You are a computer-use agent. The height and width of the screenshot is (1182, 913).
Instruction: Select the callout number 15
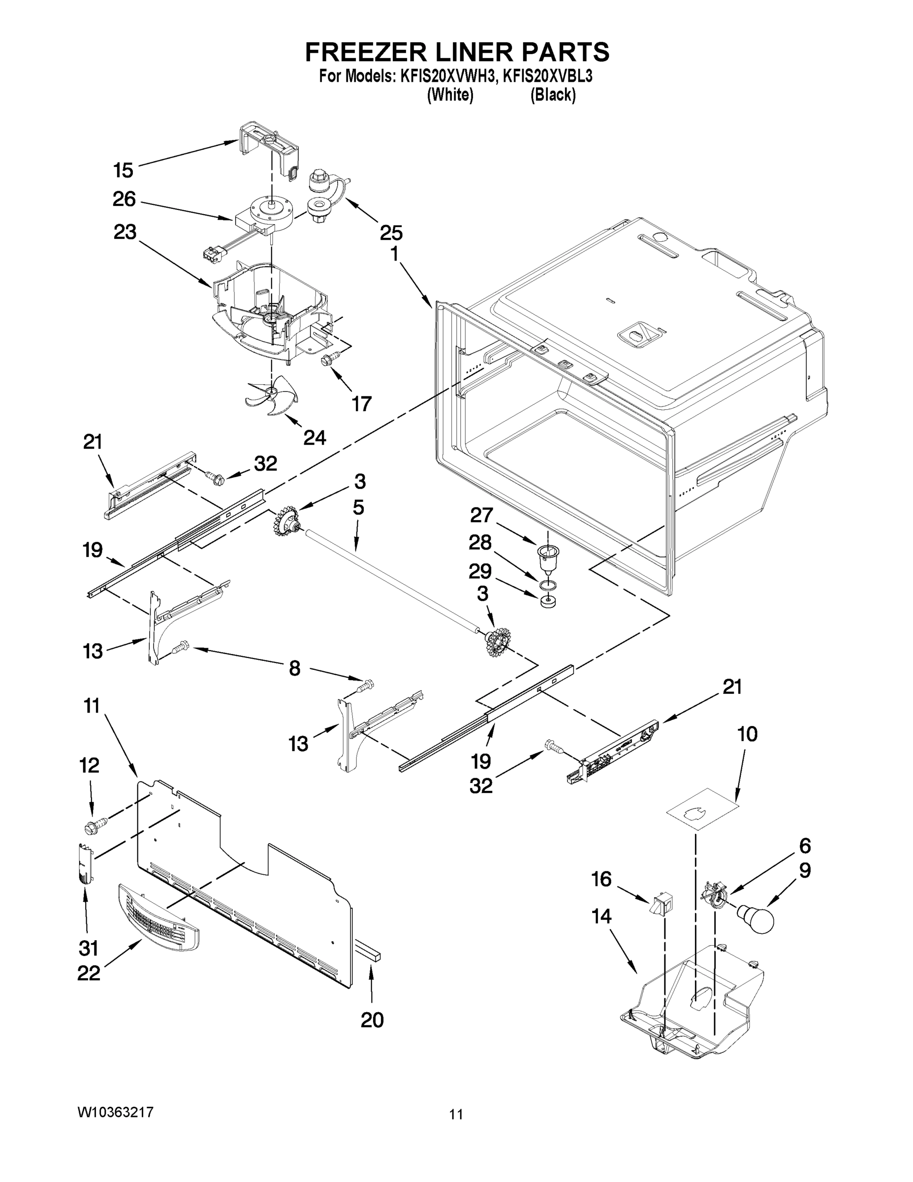(124, 170)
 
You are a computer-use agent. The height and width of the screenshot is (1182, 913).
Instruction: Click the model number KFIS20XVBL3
(547, 76)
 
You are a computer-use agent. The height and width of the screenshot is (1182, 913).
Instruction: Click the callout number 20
(372, 1019)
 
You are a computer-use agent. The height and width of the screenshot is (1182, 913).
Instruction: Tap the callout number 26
(124, 199)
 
